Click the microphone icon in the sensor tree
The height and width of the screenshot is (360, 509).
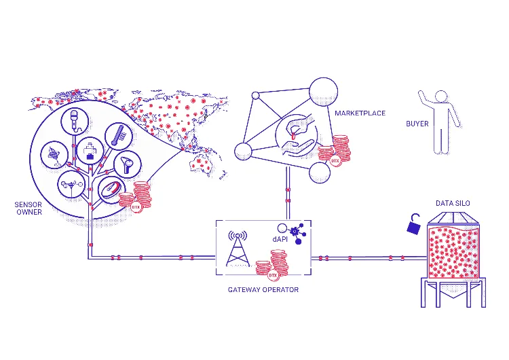click(75, 120)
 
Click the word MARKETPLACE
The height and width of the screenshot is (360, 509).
click(360, 113)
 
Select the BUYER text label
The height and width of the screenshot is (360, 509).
click(417, 124)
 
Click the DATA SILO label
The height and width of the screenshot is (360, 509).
click(453, 203)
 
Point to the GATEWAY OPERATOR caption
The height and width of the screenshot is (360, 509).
click(263, 290)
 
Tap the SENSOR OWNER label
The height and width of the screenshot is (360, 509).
click(29, 209)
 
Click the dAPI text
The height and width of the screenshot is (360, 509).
click(280, 240)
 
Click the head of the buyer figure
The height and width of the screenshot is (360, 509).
click(441, 96)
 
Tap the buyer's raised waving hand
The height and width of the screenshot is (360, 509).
click(421, 94)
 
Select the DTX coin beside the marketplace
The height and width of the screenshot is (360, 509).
click(335, 160)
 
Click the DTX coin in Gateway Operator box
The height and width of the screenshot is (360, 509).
click(273, 276)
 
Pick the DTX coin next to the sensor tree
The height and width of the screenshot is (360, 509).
click(136, 206)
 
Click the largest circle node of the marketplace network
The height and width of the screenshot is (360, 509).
click(323, 92)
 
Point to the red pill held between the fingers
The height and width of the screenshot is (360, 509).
click(293, 136)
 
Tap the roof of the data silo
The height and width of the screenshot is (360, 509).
click(453, 218)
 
